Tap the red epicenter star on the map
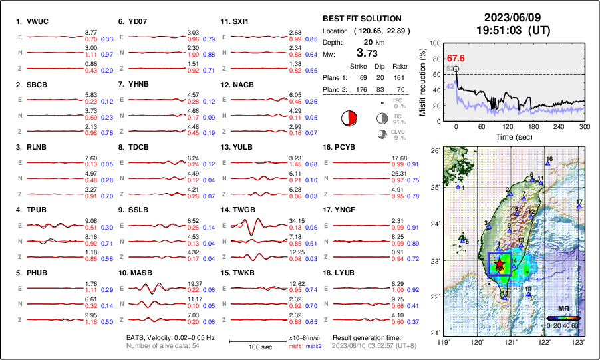pyautogui.click(x=500, y=266)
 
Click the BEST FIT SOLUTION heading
pyautogui.click(x=362, y=19)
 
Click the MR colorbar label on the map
pyautogui.click(x=563, y=310)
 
